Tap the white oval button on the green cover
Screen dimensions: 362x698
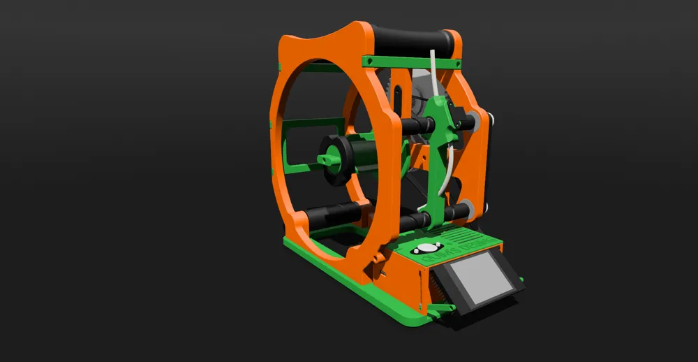(x=426, y=248)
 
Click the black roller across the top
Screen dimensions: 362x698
(x=412, y=40)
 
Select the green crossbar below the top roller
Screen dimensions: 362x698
(x=412, y=61)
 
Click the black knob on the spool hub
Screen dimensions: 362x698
(x=336, y=159)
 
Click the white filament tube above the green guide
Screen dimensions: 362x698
(x=435, y=70)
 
